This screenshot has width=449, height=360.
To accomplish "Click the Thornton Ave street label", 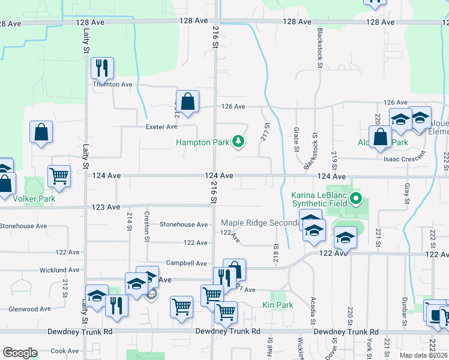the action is (112, 85).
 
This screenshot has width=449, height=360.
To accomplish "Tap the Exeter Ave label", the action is (161, 127).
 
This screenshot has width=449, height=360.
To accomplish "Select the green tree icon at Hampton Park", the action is (240, 141).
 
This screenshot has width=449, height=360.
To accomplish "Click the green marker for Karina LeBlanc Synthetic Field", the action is (355, 197).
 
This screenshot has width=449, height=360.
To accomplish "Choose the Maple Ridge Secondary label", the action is (260, 223).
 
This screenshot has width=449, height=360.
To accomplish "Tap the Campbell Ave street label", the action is (187, 263).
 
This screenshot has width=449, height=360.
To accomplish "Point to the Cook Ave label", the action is (65, 351).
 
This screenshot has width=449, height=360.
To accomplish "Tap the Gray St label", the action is (406, 192).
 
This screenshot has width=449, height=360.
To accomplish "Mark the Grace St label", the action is (297, 139).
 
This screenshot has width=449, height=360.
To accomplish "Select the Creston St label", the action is (147, 226).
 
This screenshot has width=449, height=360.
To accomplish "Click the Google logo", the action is (20, 353).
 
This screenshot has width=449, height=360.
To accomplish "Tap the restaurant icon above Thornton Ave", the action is (102, 68).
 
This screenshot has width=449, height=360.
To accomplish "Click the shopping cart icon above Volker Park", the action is (59, 176).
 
